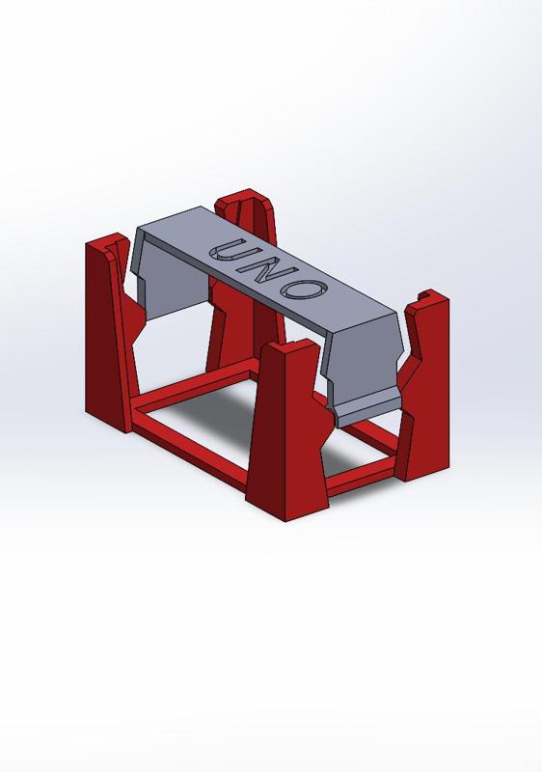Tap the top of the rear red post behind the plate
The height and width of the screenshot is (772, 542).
click(245, 202)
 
